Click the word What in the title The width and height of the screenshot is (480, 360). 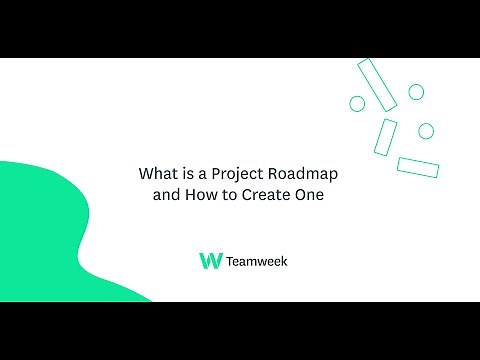(x=156, y=173)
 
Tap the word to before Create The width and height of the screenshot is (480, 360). (x=227, y=196)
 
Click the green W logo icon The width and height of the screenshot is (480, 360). (x=211, y=261)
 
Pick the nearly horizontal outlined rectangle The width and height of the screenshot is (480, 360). (x=418, y=166)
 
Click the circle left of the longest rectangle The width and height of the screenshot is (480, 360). (x=357, y=103)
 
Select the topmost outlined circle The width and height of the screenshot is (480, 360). (x=415, y=92)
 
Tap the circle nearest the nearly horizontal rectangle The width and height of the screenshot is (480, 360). (x=425, y=131)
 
